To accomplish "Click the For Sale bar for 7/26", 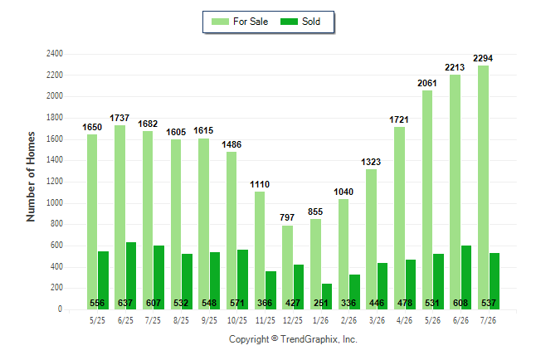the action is pyautogui.click(x=484, y=187).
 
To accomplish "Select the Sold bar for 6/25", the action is pyautogui.click(x=131, y=276).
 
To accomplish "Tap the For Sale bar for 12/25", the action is pyautogui.click(x=287, y=267).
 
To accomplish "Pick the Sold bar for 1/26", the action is pyautogui.click(x=327, y=296).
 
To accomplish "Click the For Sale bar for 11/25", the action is pyautogui.click(x=260, y=251).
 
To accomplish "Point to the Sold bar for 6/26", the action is pyautogui.click(x=466, y=277).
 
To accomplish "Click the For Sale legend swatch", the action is pyautogui.click(x=220, y=22).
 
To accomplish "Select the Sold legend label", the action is pyautogui.click(x=311, y=22).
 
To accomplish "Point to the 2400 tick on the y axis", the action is pyautogui.click(x=55, y=54).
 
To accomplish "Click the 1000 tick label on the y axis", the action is pyautogui.click(x=55, y=202).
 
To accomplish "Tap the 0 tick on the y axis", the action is pyautogui.click(x=61, y=309).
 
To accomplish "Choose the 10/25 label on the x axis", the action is pyautogui.click(x=237, y=320).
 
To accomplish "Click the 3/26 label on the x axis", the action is pyautogui.click(x=377, y=320).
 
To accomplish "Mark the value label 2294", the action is pyautogui.click(x=483, y=58).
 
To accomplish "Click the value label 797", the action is pyautogui.click(x=287, y=217).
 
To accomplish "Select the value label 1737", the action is pyautogui.click(x=119, y=118).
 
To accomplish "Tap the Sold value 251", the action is pyautogui.click(x=320, y=303).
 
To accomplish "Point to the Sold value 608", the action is pyautogui.click(x=460, y=303).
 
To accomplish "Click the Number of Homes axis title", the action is pyautogui.click(x=31, y=177).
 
